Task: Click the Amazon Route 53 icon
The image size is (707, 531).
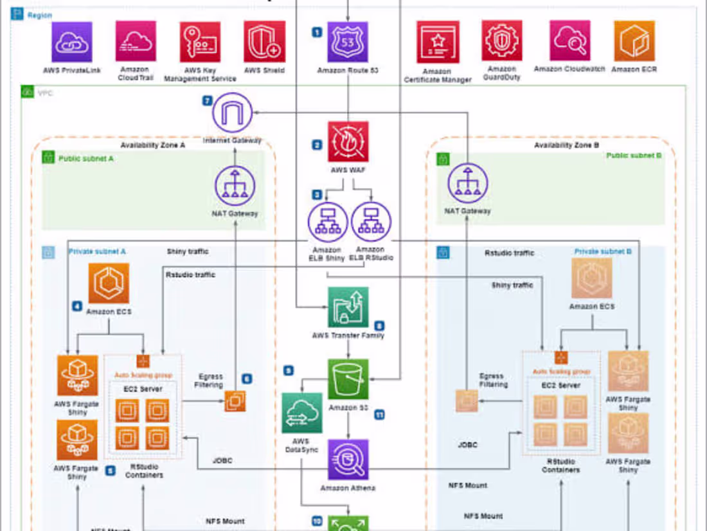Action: point(348,42)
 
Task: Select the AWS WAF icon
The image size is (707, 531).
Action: point(348,142)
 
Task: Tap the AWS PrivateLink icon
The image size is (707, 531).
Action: point(72,42)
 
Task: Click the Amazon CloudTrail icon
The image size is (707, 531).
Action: point(136,41)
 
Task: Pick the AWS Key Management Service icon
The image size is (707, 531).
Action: point(200,42)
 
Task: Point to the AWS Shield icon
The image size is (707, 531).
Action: point(264,42)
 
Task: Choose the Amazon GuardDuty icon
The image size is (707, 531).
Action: point(502,41)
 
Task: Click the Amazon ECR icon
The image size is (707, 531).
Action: point(634,41)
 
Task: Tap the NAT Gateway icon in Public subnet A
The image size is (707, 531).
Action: point(235,186)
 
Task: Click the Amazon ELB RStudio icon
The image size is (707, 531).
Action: point(371,222)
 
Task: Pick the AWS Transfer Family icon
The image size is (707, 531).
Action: point(348,307)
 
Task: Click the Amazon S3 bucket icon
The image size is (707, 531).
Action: point(348,379)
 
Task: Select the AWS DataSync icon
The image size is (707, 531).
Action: point(301,413)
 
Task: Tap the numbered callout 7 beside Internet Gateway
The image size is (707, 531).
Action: point(207,101)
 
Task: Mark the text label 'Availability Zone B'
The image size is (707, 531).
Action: point(566,145)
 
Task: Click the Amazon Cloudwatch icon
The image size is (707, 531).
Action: point(569,40)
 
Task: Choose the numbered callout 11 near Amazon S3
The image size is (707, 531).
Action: point(379,415)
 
